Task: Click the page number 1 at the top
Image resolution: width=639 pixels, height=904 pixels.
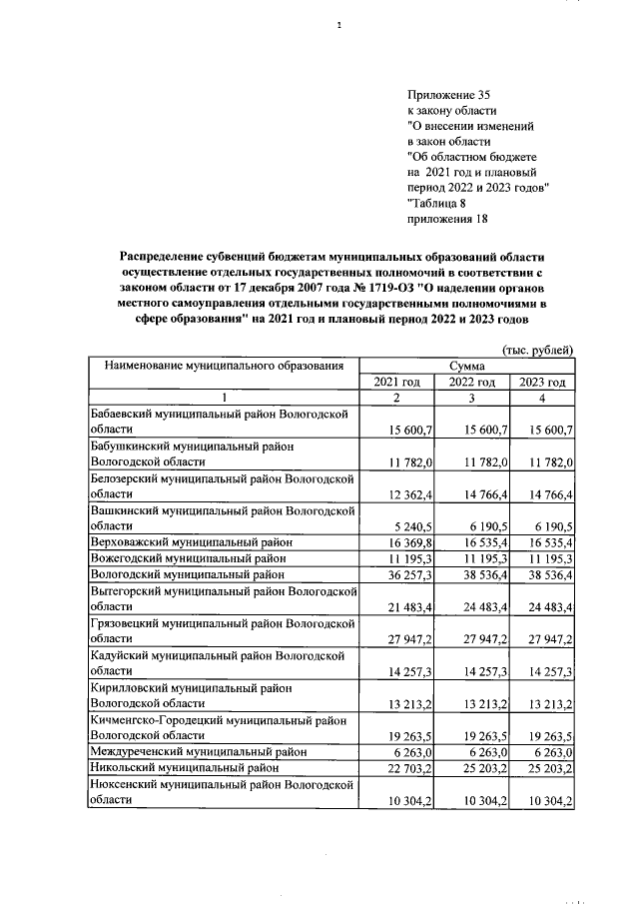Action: pyautogui.click(x=339, y=26)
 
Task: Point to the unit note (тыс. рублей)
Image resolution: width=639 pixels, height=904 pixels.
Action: pyautogui.click(x=536, y=350)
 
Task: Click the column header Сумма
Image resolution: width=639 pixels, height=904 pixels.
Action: pyautogui.click(x=467, y=367)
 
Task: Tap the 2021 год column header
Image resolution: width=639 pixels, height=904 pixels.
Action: pyautogui.click(x=397, y=383)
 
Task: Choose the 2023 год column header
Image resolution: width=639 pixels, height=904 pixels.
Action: pyautogui.click(x=542, y=383)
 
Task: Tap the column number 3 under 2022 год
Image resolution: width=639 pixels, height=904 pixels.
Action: pyautogui.click(x=470, y=399)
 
